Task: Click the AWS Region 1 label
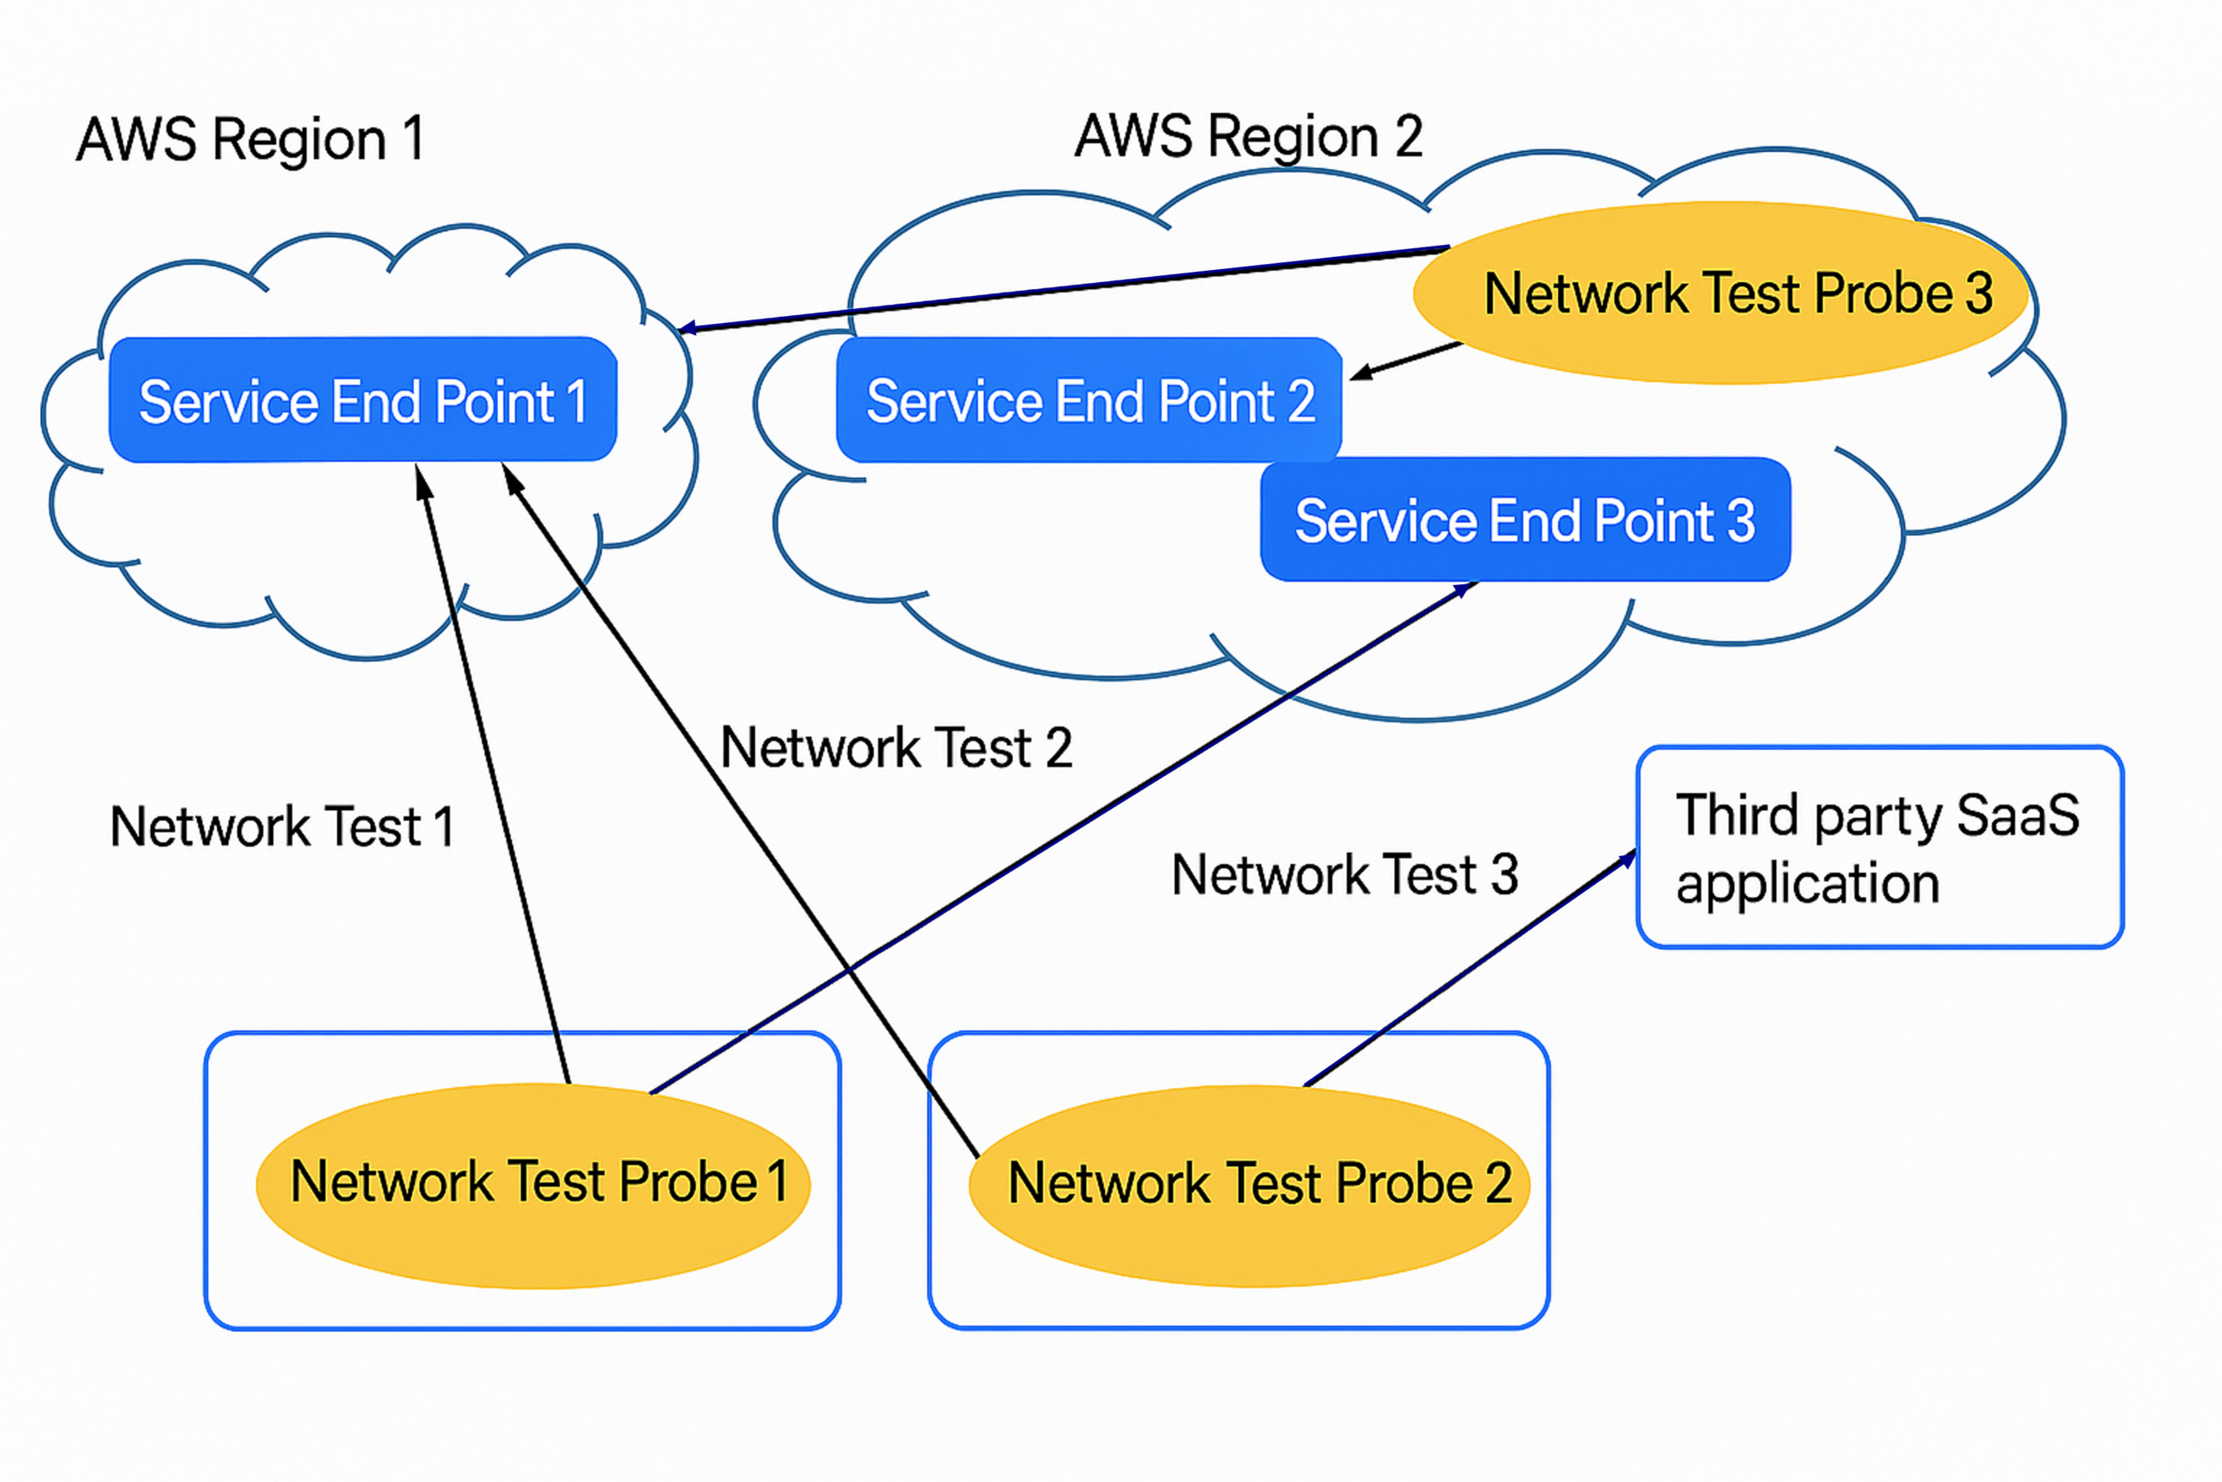[249, 140]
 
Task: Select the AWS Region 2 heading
[1248, 136]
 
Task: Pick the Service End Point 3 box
[1525, 520]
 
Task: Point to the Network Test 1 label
[281, 827]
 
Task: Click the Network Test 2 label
[896, 748]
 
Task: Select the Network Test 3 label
[1344, 874]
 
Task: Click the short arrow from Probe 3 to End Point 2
[1408, 360]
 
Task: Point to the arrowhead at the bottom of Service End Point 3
[1464, 590]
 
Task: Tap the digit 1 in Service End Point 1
[576, 403]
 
